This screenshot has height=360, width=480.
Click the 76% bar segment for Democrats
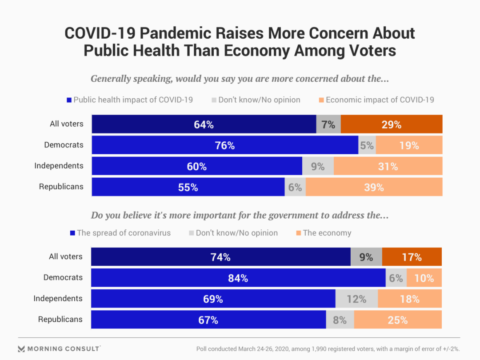coord(225,145)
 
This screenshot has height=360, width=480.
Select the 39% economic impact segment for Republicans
coord(374,187)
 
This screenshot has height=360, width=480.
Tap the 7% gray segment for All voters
coord(328,124)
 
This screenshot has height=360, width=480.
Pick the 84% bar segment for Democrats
coord(238,278)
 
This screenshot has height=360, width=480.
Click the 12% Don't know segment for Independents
coord(356,299)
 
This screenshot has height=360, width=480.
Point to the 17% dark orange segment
coord(412,257)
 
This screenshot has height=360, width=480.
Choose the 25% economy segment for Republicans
coord(398,320)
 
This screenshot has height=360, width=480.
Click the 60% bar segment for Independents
coord(197,166)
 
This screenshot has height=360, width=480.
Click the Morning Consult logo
coord(59,348)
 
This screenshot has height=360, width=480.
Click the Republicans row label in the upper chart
coord(61,187)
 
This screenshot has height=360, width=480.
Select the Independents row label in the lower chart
coord(58,298)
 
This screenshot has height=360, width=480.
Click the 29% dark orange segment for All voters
coord(392,124)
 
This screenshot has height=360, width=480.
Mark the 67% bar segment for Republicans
coord(208,320)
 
